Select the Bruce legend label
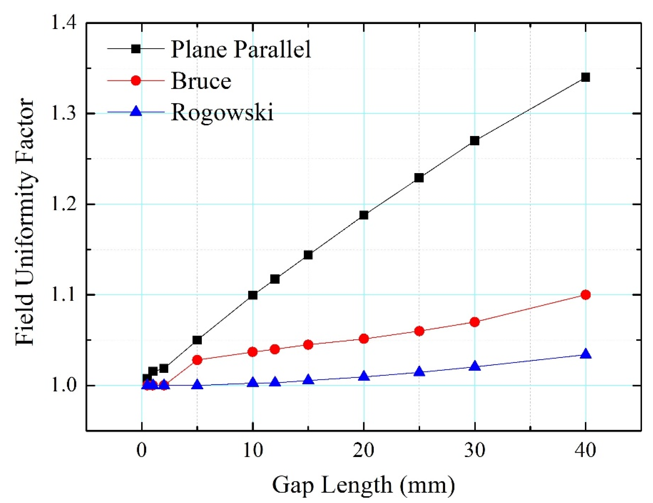pos(201,81)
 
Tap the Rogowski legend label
pos(222,113)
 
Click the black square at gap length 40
pos(585,77)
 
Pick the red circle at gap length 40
pos(585,295)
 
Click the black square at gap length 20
pos(363,215)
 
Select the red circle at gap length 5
pos(197,360)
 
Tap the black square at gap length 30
pos(475,141)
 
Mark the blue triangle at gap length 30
pos(475,366)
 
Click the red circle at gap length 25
pos(419,331)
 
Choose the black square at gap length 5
pos(197,340)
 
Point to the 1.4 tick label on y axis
pos(64,23)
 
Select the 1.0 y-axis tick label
pos(64,386)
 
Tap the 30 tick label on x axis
pos(475,450)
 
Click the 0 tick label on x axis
pos(142,450)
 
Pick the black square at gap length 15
pos(308,255)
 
